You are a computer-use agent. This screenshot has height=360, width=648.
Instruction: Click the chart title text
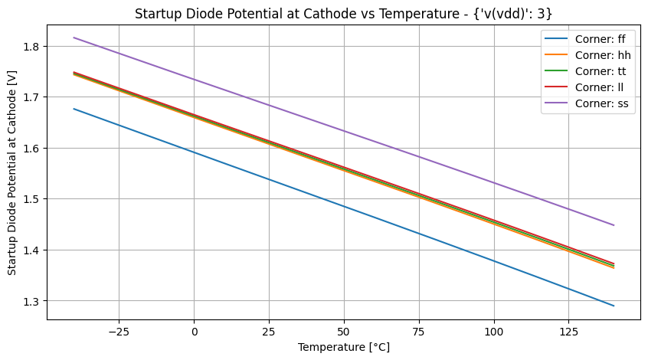[x=343, y=13]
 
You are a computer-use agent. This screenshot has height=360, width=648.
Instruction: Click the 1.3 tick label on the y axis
[x=32, y=301]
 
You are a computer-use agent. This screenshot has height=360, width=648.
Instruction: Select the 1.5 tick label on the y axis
[x=32, y=199]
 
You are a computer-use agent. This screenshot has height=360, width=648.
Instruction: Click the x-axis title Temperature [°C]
[x=343, y=347]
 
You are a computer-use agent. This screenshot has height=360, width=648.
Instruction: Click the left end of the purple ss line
[x=74, y=38]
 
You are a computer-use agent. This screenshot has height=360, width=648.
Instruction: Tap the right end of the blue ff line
[x=614, y=306]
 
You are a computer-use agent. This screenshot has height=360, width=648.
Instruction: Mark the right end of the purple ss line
[x=614, y=225]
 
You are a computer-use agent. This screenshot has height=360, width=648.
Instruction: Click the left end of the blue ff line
[x=74, y=109]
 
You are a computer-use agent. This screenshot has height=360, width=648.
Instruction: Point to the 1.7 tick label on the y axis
[x=32, y=97]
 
